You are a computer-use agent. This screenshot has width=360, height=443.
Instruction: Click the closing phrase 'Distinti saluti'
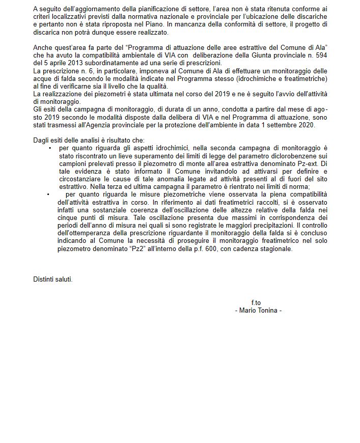tap(52, 279)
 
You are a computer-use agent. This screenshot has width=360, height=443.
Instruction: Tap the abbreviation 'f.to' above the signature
tap(256, 303)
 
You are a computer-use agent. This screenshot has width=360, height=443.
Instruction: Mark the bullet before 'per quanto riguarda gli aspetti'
tap(50, 148)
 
